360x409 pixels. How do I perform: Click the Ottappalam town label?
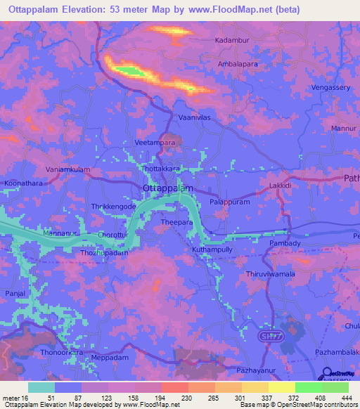(165, 188)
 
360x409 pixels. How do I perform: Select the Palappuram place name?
(230, 202)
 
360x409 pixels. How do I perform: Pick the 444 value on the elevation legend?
(345, 398)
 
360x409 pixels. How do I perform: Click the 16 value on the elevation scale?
(26, 398)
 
